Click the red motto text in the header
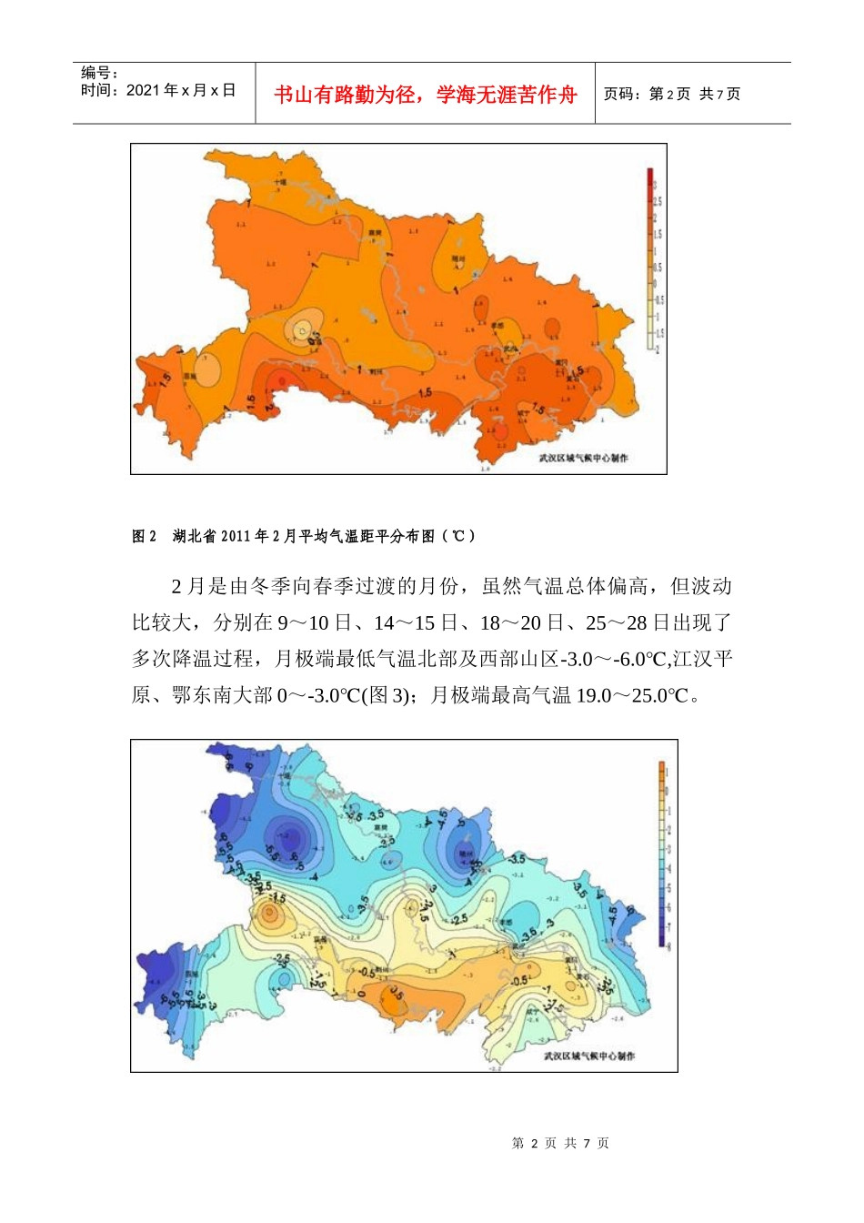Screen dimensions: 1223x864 425,95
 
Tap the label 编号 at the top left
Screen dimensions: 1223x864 99,73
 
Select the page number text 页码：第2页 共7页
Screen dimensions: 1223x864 672,94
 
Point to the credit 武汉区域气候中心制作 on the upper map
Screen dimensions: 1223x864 583,458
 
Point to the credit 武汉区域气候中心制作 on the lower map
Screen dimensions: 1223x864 589,1056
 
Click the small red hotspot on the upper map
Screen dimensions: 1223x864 282,380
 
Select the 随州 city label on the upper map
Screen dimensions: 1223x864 459,259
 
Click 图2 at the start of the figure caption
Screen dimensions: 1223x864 145,536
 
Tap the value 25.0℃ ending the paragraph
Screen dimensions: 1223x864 661,695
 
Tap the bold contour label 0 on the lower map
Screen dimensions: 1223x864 361,993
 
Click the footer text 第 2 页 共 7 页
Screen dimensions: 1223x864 560,1143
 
